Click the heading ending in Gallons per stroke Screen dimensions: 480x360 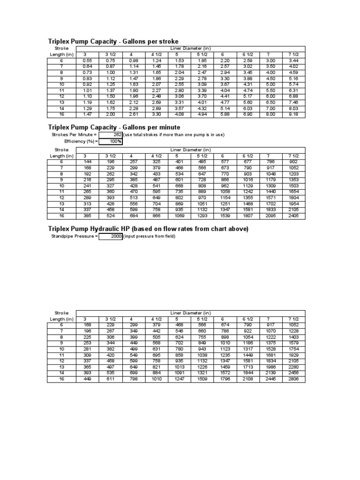113,41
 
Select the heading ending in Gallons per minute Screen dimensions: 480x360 114,127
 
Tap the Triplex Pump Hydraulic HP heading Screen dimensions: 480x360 148,228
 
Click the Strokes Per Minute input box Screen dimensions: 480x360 111,135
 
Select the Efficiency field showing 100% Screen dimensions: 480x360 111,141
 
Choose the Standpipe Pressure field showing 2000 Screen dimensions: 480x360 111,237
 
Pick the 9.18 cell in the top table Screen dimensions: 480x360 293,114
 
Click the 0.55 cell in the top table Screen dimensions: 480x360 87,60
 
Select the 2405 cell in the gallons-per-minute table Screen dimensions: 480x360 293,216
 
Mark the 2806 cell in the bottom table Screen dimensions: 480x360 293,379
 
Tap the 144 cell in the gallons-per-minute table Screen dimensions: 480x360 87,162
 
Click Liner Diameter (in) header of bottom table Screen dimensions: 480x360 190,313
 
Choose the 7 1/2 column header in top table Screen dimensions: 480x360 293,54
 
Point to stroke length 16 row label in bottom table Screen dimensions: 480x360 61,379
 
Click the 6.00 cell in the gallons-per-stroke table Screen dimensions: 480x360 271,96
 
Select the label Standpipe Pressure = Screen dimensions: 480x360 74,237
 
